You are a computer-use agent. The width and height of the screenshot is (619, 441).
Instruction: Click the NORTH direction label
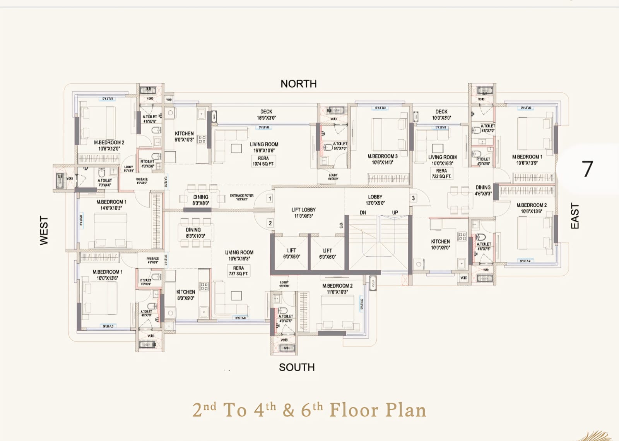coord(298,84)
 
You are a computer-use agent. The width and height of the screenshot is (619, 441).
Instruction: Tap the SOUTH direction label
coord(297,367)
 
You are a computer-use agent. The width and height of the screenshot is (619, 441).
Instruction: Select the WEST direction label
coord(44,230)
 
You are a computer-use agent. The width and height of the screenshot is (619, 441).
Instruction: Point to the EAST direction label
coord(575,216)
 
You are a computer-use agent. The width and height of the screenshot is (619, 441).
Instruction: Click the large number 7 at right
coord(587,169)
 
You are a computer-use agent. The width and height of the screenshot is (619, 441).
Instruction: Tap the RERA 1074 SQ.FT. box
coord(263,161)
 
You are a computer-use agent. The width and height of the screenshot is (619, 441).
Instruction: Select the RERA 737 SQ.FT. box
coord(238,271)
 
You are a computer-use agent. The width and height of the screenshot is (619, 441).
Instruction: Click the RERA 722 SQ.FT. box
coord(441,173)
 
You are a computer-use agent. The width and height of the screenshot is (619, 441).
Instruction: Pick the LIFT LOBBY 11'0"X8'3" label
coord(303,213)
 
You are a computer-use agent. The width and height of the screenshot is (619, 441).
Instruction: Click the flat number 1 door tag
coord(270,199)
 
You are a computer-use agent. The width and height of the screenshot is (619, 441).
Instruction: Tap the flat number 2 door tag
coord(270,223)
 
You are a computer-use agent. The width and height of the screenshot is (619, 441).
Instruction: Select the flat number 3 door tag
coord(413,198)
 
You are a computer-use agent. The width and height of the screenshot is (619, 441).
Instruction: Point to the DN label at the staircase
coord(363,213)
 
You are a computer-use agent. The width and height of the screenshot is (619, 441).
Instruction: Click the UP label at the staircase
coord(395,213)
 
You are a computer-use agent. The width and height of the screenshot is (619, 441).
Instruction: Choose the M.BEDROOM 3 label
coord(382,159)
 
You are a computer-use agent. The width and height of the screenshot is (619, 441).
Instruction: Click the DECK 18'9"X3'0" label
coord(266,115)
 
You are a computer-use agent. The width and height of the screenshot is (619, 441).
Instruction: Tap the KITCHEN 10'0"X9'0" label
coord(440,244)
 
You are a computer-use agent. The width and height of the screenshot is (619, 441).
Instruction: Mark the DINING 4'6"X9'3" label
coord(483,190)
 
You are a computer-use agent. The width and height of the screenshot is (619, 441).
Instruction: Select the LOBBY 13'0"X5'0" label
coord(375,200)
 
